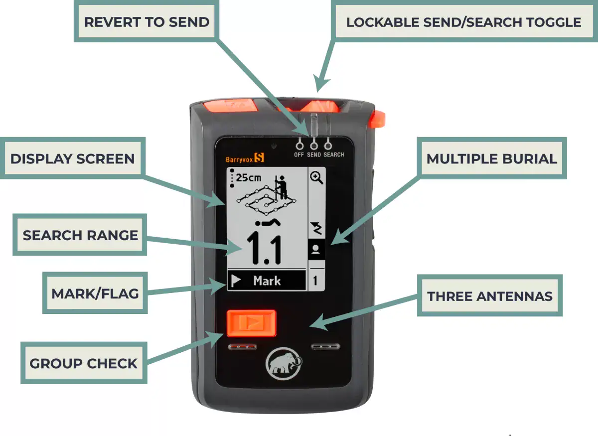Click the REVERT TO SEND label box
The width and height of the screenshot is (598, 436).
(147, 22)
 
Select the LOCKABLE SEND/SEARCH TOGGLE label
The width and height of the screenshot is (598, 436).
(463, 22)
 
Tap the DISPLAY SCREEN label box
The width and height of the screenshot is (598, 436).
(73, 159)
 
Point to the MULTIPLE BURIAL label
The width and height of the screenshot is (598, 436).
(491, 159)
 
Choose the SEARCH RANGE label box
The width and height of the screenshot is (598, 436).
(80, 235)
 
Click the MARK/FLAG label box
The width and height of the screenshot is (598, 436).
(95, 293)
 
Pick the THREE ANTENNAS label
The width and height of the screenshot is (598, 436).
(490, 296)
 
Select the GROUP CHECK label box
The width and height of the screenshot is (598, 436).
(83, 363)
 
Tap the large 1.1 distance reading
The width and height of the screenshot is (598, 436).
(265, 248)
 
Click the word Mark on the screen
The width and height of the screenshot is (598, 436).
(267, 281)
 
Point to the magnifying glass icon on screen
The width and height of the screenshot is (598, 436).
(316, 178)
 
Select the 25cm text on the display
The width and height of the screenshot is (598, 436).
(248, 177)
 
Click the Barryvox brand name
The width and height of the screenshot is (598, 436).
(239, 159)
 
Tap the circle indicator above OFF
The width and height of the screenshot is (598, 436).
(299, 145)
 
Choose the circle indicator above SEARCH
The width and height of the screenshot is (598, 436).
(328, 145)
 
